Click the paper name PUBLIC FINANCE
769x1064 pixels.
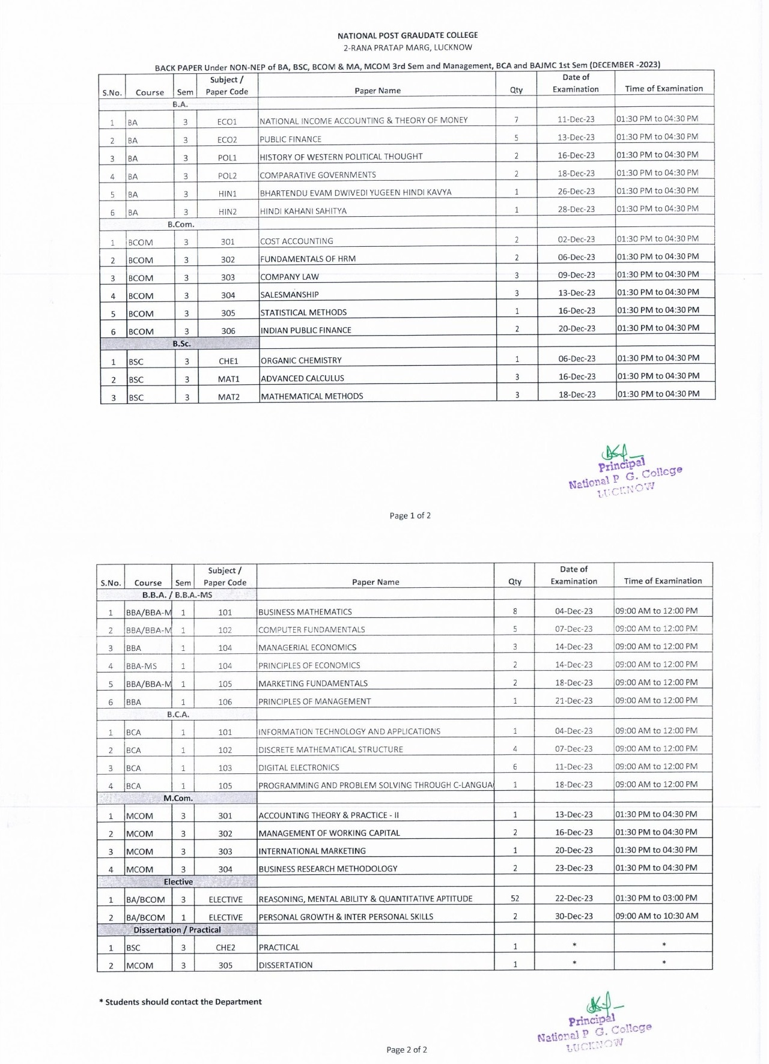[x=291, y=139]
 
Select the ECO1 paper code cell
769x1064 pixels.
[x=227, y=121]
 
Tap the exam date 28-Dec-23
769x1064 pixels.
[x=576, y=209]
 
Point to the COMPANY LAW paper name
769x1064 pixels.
[x=290, y=277]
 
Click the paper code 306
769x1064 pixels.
[x=228, y=331]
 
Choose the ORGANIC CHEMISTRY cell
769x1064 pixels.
[x=301, y=360]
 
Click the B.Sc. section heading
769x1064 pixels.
[x=181, y=344]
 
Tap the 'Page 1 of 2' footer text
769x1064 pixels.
[x=410, y=515]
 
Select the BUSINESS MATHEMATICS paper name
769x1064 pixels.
[x=305, y=612]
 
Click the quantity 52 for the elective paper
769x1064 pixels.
[x=515, y=898]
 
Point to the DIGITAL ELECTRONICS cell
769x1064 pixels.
[x=299, y=767]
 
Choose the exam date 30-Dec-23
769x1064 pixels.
[x=574, y=916]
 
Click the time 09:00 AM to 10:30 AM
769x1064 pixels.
[x=657, y=916]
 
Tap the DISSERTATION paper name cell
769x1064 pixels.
[x=285, y=965]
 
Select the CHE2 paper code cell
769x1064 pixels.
[x=225, y=948]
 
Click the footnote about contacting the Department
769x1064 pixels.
[x=180, y=1002]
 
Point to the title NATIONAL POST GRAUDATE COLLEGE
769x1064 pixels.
[x=407, y=35]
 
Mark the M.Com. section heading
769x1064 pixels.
[x=178, y=798]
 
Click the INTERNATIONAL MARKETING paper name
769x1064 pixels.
[x=312, y=851]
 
